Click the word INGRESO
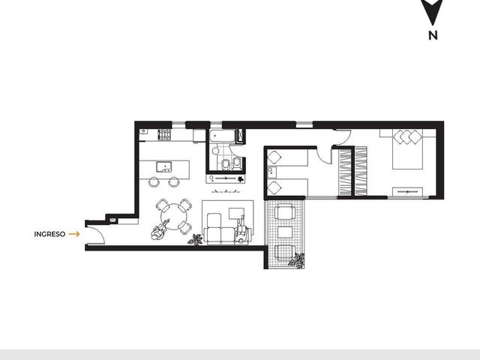click(49, 234)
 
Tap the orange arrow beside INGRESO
click(74, 234)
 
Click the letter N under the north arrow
click(433, 35)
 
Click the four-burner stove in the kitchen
click(164, 135)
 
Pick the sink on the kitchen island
click(164, 166)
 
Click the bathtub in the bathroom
click(223, 136)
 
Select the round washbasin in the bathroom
click(216, 151)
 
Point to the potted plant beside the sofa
click(195, 240)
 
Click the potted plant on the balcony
click(297, 260)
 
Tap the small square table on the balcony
click(285, 232)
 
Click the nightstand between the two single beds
click(271, 172)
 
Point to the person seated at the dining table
click(160, 230)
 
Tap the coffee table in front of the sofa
click(237, 214)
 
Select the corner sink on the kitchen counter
click(143, 132)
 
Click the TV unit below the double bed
click(407, 192)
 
